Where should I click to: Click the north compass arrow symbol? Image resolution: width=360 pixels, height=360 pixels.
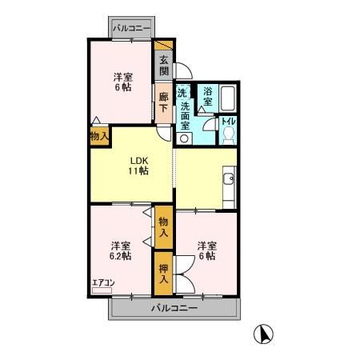263,334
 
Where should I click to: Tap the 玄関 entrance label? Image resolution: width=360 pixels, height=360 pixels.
164,66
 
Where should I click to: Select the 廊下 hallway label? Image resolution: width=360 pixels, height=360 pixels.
163,102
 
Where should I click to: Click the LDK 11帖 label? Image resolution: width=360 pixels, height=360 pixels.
138,166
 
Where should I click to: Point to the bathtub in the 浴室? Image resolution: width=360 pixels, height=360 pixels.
228,98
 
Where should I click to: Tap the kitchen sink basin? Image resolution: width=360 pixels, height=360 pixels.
229,178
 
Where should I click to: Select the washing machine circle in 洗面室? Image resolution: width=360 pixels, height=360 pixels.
183,138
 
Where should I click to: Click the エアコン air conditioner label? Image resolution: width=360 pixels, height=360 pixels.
103,282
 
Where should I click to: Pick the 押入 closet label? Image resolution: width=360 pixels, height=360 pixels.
163,274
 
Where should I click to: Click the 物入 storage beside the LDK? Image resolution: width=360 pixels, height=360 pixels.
99,136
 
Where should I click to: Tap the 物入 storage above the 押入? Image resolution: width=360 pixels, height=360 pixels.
163,227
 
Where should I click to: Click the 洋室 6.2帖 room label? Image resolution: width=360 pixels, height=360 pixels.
121,250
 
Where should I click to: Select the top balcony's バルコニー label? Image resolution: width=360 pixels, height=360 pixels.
131,28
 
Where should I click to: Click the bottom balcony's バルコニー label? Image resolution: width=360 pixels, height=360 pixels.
174,308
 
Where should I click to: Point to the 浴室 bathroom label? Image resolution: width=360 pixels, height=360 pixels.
208,96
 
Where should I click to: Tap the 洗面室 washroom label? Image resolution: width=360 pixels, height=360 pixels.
185,116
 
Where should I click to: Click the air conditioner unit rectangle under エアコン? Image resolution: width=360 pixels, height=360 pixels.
102,290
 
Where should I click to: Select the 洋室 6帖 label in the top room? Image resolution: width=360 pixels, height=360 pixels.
123,82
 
